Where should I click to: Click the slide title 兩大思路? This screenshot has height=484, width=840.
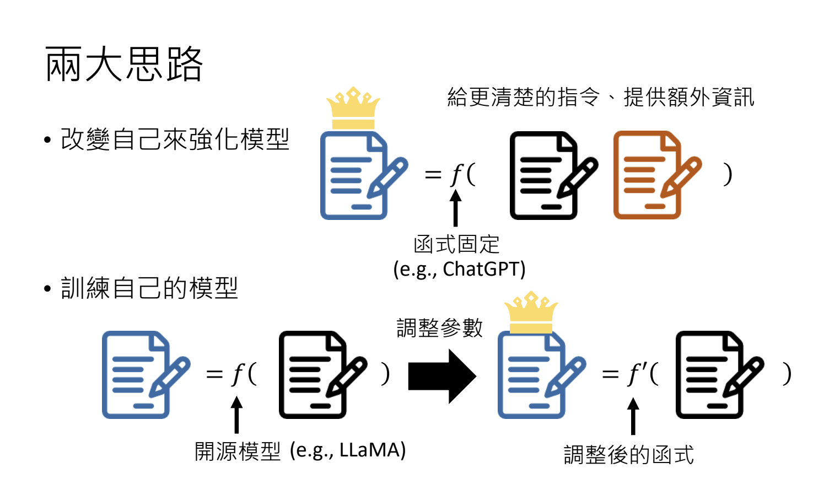click(x=124, y=64)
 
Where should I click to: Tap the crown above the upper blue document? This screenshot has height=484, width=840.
click(x=353, y=108)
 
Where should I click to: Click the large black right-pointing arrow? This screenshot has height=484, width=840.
click(x=441, y=377)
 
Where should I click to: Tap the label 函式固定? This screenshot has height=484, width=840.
click(x=456, y=244)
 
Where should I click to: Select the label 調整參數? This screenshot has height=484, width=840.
click(x=439, y=328)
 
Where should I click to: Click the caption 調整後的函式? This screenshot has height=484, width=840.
click(x=628, y=455)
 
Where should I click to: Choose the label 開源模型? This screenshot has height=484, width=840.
click(x=238, y=451)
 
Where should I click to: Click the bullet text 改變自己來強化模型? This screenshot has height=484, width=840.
click(x=175, y=139)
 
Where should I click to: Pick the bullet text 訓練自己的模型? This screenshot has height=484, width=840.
click(x=149, y=288)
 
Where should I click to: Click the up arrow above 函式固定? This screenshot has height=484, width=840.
click(x=455, y=208)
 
